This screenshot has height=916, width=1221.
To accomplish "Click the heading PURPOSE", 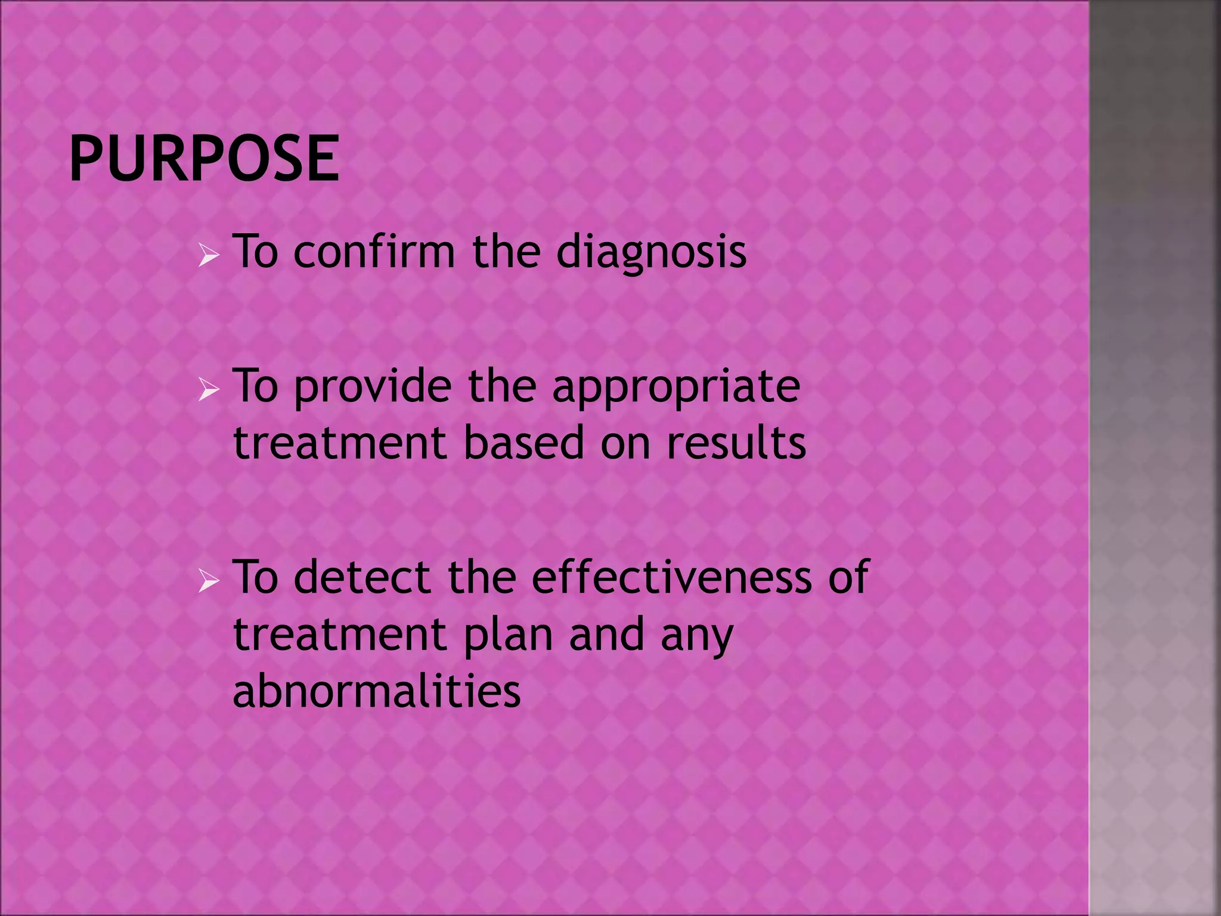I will pyautogui.click(x=204, y=158).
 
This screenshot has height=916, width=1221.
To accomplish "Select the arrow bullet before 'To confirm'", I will pyautogui.click(x=209, y=257).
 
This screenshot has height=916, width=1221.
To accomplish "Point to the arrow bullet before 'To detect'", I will pyautogui.click(x=209, y=582).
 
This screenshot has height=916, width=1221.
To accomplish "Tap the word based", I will pyautogui.click(x=523, y=443).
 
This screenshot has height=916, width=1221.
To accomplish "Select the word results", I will pyautogui.click(x=736, y=443).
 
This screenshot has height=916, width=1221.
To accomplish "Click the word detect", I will pyautogui.click(x=362, y=577).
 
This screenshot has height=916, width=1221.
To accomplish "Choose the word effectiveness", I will pyautogui.click(x=671, y=577).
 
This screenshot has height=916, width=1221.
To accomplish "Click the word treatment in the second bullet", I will pyautogui.click(x=340, y=443).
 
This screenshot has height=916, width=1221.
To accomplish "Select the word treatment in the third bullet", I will pyautogui.click(x=340, y=635).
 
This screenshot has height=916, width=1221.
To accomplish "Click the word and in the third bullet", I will pyautogui.click(x=607, y=635).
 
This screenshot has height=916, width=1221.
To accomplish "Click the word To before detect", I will pyautogui.click(x=256, y=577).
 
